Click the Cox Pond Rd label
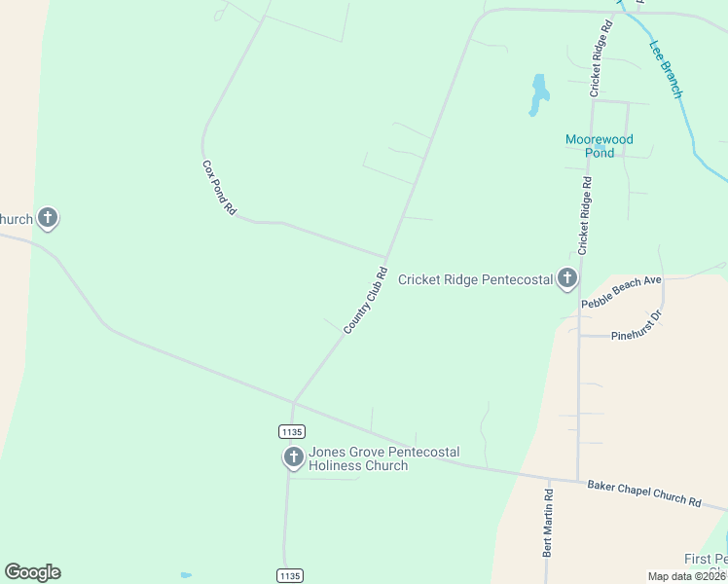pos(219,187)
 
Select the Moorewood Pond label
pos(600,146)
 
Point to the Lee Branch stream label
pos(666,68)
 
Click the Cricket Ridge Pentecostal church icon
pos(567,280)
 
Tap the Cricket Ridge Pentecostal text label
pos(475,280)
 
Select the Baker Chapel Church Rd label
pos(643,493)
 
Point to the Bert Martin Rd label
pos(548,522)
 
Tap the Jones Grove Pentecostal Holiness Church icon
pos(293,456)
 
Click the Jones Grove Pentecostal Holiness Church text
pos(383,458)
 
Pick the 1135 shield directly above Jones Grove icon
pos(291,431)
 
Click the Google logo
pos(32,572)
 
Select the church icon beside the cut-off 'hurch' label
pos(48,219)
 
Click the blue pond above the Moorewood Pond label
pos(538,94)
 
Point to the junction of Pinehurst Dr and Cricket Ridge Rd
pos(579,336)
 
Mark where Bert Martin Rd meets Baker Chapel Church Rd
pos(548,480)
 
